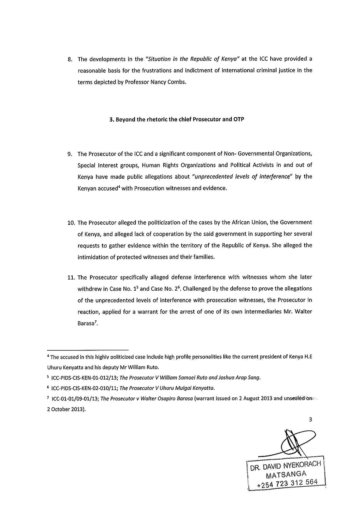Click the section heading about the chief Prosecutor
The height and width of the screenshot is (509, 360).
177,119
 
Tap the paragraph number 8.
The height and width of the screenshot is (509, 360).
70,59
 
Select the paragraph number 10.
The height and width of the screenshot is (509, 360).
71,223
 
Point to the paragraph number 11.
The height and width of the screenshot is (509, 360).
71,277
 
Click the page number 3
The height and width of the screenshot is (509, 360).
310,420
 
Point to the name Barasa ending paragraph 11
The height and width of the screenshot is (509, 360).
86,323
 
